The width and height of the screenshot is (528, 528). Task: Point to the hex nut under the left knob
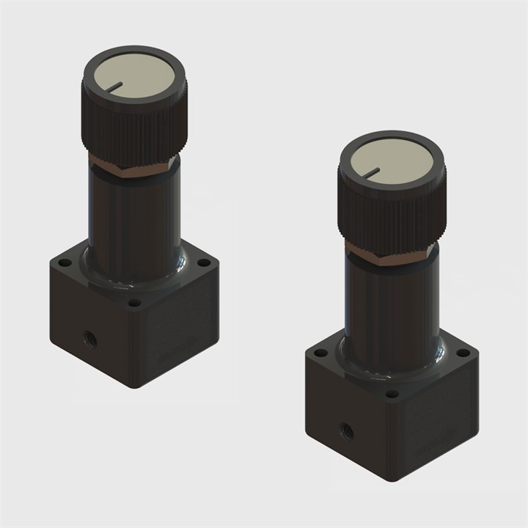pyautogui.click(x=132, y=166)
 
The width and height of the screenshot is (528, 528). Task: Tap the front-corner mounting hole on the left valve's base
pyautogui.click(x=134, y=301)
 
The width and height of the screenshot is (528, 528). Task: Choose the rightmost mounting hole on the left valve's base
pyautogui.click(x=202, y=262)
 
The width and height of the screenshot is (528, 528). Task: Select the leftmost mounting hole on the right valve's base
pyautogui.click(x=320, y=353)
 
